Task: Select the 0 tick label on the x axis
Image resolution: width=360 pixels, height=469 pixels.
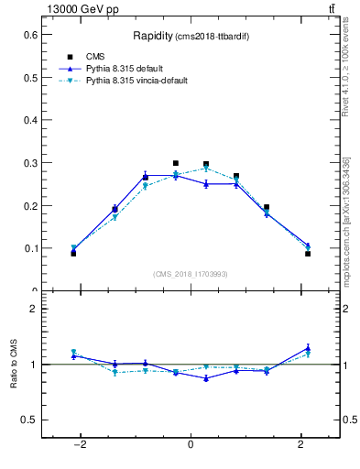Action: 191,445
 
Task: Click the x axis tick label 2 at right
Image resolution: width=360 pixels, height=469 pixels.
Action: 301,445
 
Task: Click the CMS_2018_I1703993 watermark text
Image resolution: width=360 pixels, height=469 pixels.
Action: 190,275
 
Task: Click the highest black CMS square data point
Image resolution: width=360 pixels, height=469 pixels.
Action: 176,163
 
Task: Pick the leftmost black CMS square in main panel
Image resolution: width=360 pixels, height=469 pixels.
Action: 73,253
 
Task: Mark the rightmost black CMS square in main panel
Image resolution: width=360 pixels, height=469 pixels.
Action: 308,254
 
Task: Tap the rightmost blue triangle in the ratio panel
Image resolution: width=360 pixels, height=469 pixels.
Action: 308,348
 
